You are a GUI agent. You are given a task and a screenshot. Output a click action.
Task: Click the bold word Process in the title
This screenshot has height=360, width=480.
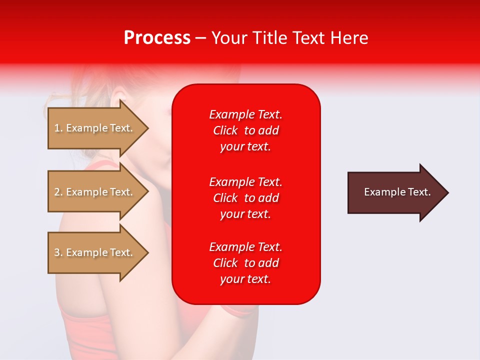[x=157, y=38]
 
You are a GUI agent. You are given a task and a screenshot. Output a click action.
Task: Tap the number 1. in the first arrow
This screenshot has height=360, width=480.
[x=58, y=128]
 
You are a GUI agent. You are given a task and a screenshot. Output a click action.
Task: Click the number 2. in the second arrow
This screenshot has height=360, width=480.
[x=58, y=192]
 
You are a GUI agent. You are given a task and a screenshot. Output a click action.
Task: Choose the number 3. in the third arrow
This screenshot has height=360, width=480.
[x=58, y=252]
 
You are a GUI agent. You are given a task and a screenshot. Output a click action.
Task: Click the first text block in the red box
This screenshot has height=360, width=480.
[x=245, y=130]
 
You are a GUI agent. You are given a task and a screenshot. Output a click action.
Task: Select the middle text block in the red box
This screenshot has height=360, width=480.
[x=245, y=198]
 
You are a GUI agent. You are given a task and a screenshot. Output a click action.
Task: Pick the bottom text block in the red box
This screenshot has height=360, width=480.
[x=245, y=263]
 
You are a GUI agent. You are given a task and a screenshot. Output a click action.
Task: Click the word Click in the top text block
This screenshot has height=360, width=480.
[x=225, y=130]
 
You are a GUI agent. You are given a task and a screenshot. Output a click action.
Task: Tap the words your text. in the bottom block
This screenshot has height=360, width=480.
[x=245, y=279]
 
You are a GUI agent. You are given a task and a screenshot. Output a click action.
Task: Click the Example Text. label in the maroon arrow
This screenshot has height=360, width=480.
[x=397, y=192]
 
